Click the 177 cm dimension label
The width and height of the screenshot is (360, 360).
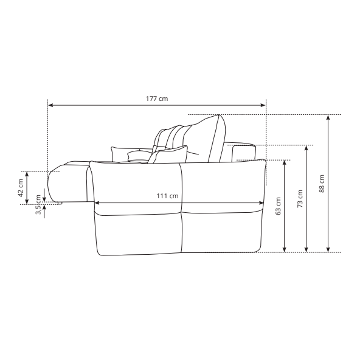(x=157, y=99)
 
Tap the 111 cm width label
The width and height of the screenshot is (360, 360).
(x=167, y=196)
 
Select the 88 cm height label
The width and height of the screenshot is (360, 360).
(x=322, y=184)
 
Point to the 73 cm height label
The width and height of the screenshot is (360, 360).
(x=300, y=199)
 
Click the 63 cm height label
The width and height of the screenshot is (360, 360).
(x=278, y=206)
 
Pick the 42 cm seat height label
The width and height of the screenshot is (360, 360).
(x=21, y=188)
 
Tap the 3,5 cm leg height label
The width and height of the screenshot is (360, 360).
(x=38, y=204)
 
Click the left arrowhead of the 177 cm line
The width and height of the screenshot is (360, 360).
(x=50, y=105)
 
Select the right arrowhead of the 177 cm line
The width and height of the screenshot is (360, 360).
(x=263, y=105)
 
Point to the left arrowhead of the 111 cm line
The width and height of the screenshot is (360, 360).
(x=97, y=202)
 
